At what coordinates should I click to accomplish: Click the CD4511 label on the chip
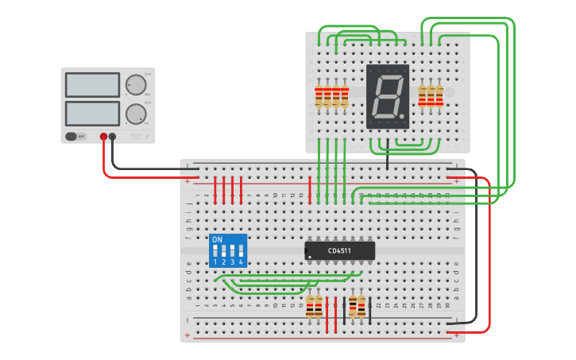(x=339, y=251)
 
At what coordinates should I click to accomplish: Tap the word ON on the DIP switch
(x=217, y=239)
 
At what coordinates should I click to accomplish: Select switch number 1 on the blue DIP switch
(x=215, y=251)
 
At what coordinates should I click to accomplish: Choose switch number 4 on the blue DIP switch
(x=241, y=251)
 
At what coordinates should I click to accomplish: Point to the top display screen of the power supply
(x=92, y=84)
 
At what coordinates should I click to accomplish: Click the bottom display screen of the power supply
(x=92, y=112)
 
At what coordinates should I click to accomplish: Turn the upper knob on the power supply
(x=136, y=85)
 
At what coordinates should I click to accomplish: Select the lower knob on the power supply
(x=136, y=114)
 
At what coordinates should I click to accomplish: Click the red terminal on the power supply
(x=103, y=137)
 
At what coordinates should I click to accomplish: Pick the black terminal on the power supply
(x=112, y=137)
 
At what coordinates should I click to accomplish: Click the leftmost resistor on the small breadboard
(x=319, y=96)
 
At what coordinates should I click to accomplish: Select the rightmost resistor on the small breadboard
(x=439, y=95)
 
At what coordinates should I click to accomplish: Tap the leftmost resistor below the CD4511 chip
(x=310, y=306)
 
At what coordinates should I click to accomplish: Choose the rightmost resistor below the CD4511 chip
(x=361, y=306)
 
